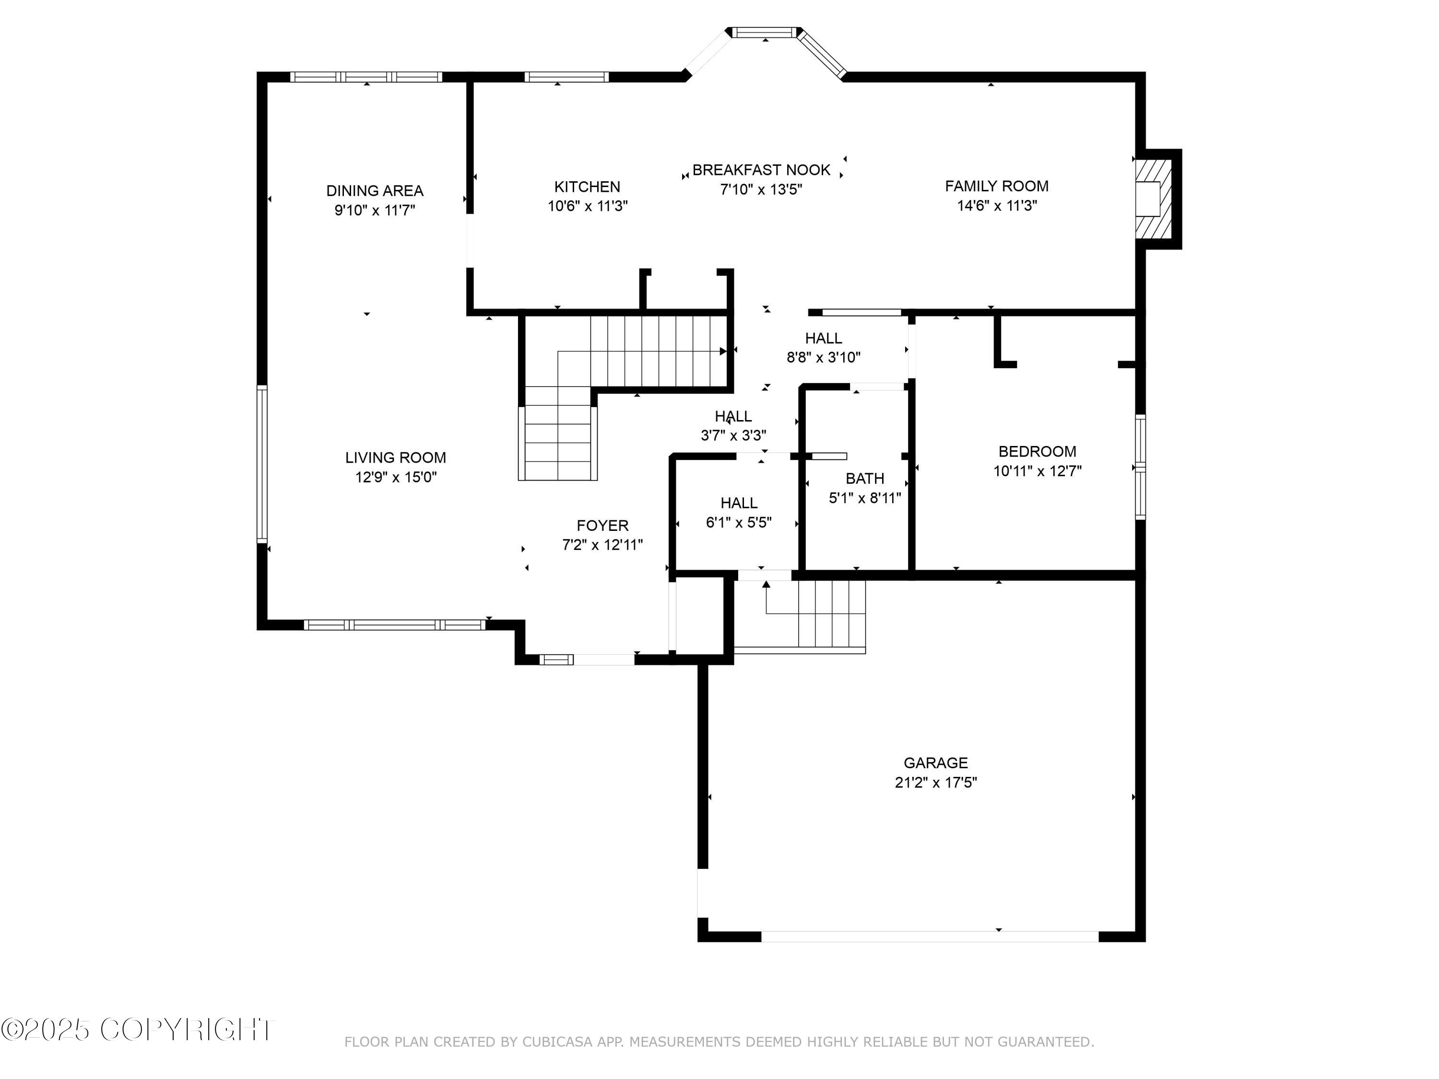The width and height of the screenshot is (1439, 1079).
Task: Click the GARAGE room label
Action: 935,763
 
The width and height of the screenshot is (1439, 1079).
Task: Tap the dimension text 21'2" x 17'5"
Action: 935,783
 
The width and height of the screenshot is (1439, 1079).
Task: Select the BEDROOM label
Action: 1037,451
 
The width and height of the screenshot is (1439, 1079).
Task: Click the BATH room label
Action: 864,479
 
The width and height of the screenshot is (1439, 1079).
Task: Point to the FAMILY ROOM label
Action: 997,186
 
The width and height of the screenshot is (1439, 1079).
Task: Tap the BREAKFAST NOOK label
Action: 761,170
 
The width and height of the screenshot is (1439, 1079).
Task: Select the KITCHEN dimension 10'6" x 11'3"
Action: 588,206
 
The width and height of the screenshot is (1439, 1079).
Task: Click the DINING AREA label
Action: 375,190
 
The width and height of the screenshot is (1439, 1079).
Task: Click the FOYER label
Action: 602,526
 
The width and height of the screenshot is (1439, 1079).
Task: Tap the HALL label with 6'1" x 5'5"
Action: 739,503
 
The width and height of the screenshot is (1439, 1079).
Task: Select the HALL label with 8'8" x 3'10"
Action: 824,338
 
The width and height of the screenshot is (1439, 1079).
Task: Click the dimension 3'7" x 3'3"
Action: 733,435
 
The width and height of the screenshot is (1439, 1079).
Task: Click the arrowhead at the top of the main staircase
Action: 723,351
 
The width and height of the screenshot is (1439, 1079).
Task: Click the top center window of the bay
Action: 765,32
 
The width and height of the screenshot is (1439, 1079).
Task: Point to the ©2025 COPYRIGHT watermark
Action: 138,1030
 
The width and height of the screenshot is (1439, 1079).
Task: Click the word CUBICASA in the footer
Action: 557,1042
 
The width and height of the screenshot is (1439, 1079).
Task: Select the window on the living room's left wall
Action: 262,464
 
